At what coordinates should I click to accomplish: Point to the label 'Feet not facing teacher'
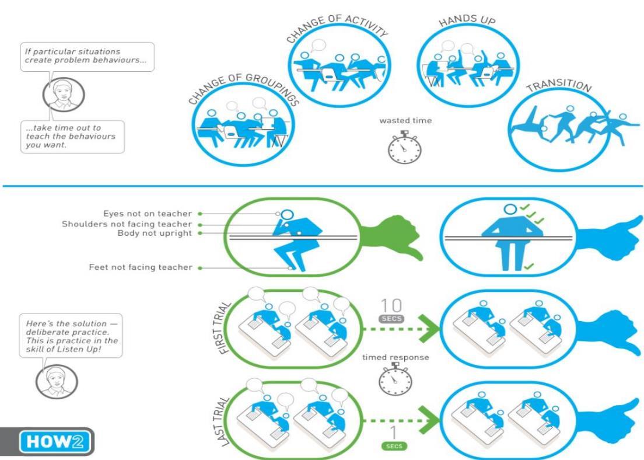pos(141,267)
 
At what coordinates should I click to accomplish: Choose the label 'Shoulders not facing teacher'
pos(127,224)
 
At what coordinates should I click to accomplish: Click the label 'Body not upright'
pos(155,233)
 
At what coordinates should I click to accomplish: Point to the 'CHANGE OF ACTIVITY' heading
pos(337,26)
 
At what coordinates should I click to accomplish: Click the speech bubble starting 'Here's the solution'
pos(71,336)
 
